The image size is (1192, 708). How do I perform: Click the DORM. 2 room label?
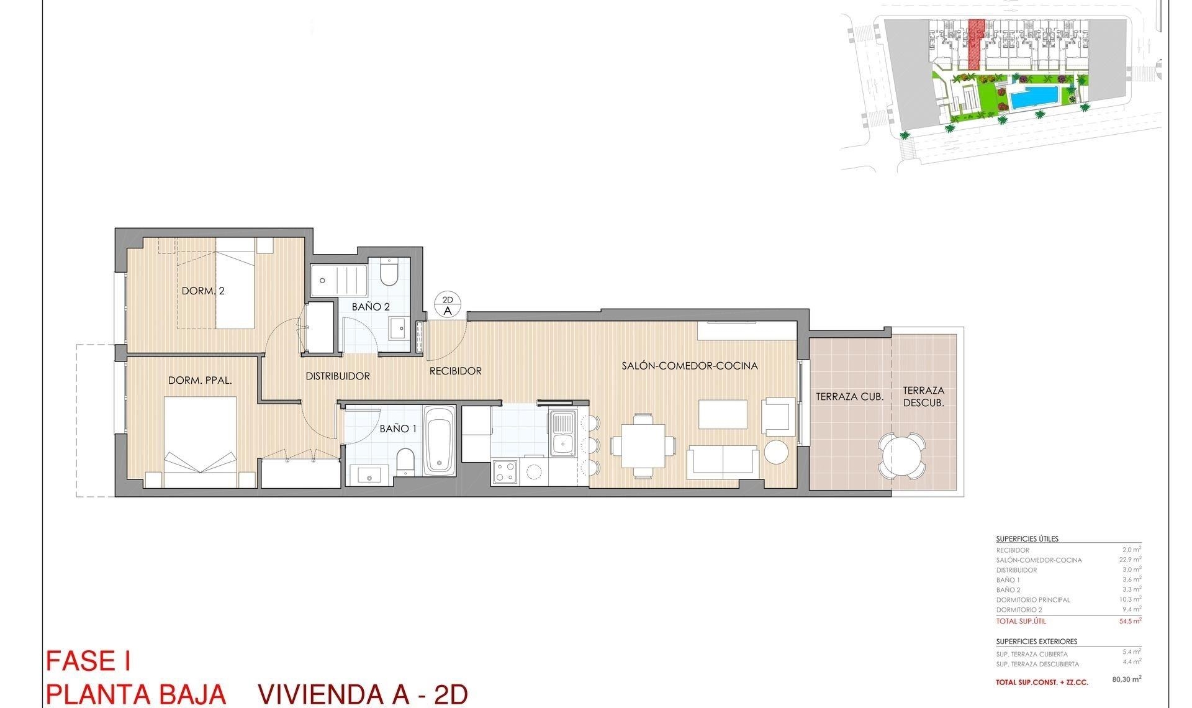pyautogui.click(x=203, y=291)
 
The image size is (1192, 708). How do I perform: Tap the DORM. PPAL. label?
pyautogui.click(x=200, y=380)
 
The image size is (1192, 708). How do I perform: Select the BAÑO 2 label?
pyautogui.click(x=371, y=307)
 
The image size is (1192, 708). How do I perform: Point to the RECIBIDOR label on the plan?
pyautogui.click(x=456, y=371)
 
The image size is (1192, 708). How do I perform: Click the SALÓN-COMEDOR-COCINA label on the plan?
pyautogui.click(x=690, y=366)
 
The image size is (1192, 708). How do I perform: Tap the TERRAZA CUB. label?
pyautogui.click(x=849, y=396)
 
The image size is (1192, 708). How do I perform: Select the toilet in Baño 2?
pyautogui.click(x=389, y=273)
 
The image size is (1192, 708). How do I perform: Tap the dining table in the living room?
pyautogui.click(x=643, y=445)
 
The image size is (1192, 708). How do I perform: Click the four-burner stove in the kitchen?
pyautogui.click(x=504, y=471)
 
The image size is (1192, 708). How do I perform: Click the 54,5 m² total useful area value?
pyautogui.click(x=1131, y=620)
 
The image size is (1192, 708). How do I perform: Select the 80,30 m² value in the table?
pyautogui.click(x=1126, y=679)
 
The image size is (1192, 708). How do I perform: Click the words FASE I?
pyautogui.click(x=88, y=661)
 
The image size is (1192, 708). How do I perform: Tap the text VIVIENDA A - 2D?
pyautogui.click(x=362, y=694)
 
